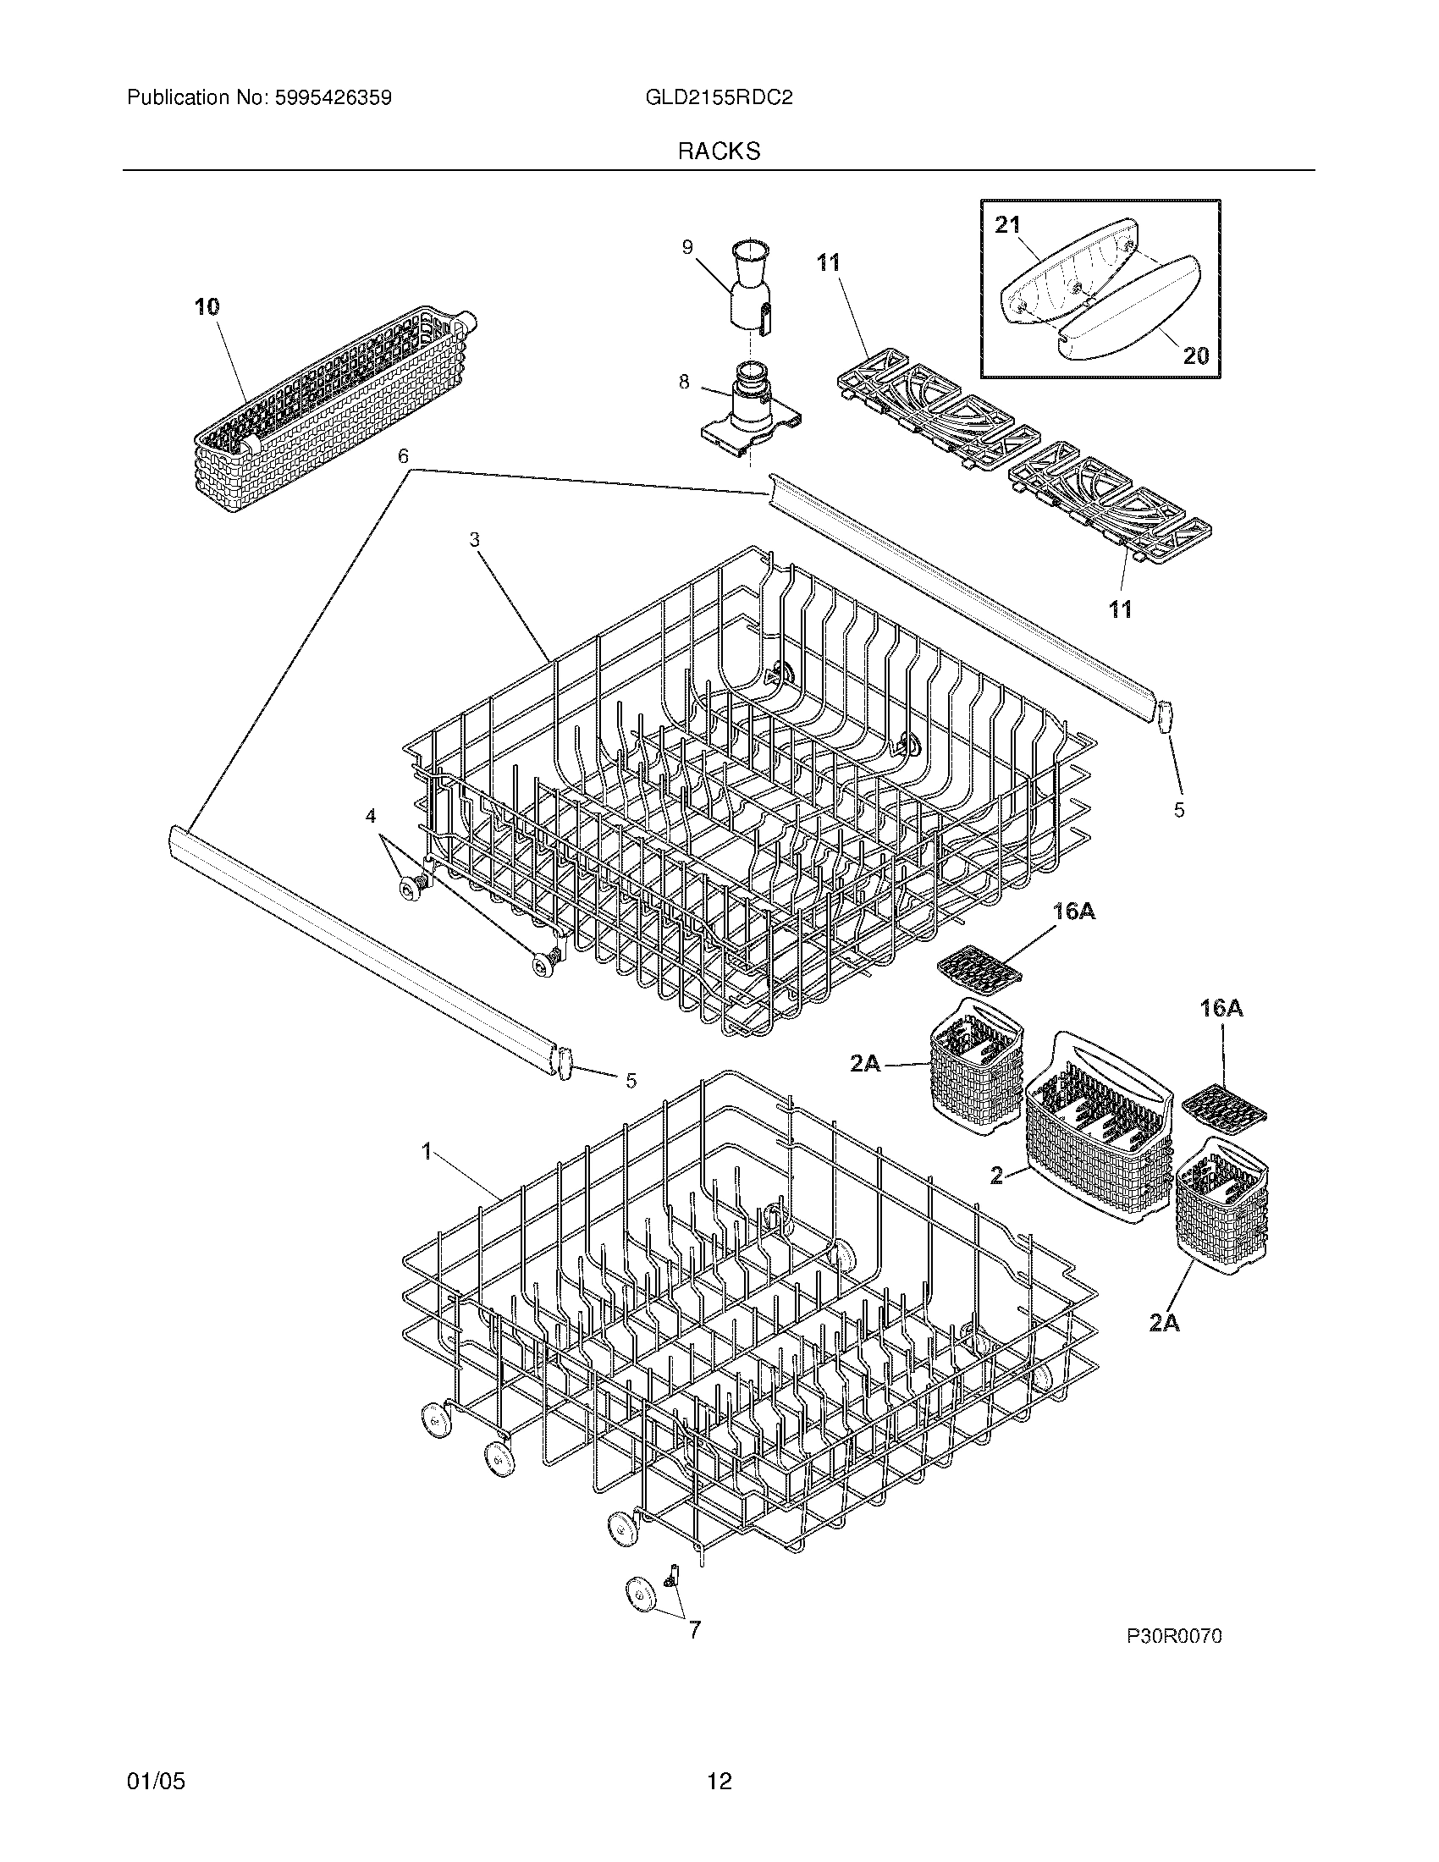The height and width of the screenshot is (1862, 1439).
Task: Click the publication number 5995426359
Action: [334, 98]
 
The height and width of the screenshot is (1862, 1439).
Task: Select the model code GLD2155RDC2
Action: [719, 98]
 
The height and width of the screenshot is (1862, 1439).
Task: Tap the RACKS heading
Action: [719, 151]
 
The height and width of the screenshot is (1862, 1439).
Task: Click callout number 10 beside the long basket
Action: [207, 307]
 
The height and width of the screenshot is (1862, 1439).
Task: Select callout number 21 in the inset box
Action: [1007, 225]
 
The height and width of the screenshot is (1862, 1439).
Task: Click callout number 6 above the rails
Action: [403, 457]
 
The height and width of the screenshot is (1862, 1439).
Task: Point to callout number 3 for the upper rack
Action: [474, 539]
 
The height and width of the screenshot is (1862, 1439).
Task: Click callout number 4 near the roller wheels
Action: [370, 816]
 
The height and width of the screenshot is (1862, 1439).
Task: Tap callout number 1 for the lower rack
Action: [427, 1152]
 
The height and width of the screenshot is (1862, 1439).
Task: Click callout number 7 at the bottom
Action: [694, 1630]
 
